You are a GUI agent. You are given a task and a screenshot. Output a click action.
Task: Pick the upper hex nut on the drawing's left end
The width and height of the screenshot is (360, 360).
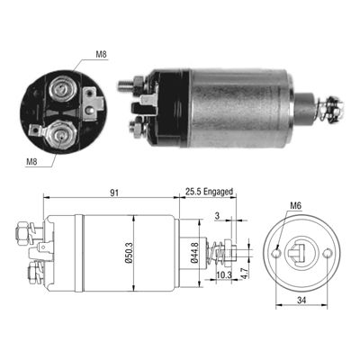pos(22,236)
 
